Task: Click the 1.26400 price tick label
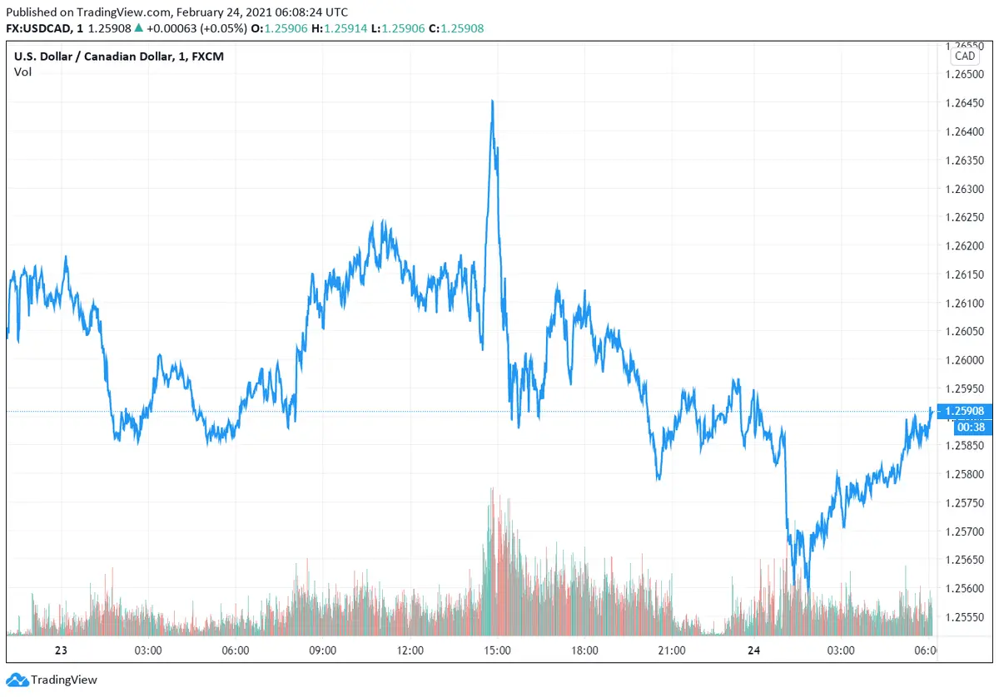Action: tap(966, 131)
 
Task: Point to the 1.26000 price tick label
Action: tap(966, 360)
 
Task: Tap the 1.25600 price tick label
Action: tap(966, 589)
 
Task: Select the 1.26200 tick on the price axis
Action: tap(966, 246)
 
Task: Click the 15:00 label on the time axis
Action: tap(497, 650)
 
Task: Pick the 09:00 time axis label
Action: tap(322, 650)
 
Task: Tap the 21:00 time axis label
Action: tap(672, 650)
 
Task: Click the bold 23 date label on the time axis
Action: tap(60, 650)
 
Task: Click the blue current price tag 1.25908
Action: tap(966, 411)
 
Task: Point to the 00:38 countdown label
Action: tap(966, 427)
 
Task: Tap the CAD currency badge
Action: tap(965, 57)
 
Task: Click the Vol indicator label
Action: tap(22, 72)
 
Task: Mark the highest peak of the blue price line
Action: tap(492, 101)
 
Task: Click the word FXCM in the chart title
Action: tap(205, 56)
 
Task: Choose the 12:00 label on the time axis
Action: tap(410, 650)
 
